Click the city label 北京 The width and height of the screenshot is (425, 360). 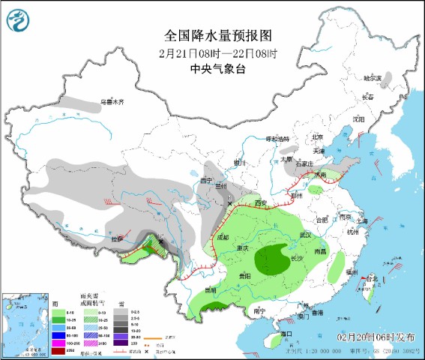click(x=317, y=137)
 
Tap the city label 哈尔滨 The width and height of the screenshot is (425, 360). click(x=373, y=77)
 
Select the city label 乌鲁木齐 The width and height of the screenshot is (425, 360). click(x=112, y=102)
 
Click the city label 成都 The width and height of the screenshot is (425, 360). click(x=223, y=237)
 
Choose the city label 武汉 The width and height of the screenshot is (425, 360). click(x=305, y=235)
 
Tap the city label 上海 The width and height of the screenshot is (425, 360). click(x=362, y=221)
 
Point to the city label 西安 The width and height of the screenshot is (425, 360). click(x=260, y=203)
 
